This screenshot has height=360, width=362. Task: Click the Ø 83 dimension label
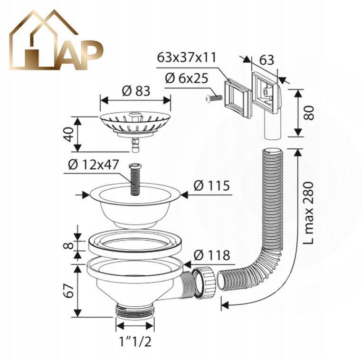pyautogui.click(x=136, y=91)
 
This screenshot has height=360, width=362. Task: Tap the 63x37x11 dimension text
pyautogui.click(x=187, y=57)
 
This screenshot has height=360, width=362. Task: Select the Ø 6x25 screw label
pyautogui.click(x=187, y=78)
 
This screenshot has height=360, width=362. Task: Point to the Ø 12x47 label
pyautogui.click(x=94, y=165)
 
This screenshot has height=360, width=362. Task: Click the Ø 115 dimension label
pyautogui.click(x=212, y=185)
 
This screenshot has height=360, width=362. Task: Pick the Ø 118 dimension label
pyautogui.click(x=212, y=255)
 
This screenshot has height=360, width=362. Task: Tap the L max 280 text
pyautogui.click(x=308, y=213)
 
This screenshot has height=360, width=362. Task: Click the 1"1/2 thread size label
pyautogui.click(x=135, y=341)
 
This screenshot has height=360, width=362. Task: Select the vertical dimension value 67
pyautogui.click(x=69, y=291)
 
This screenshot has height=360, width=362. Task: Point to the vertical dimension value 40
pyautogui.click(x=69, y=134)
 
